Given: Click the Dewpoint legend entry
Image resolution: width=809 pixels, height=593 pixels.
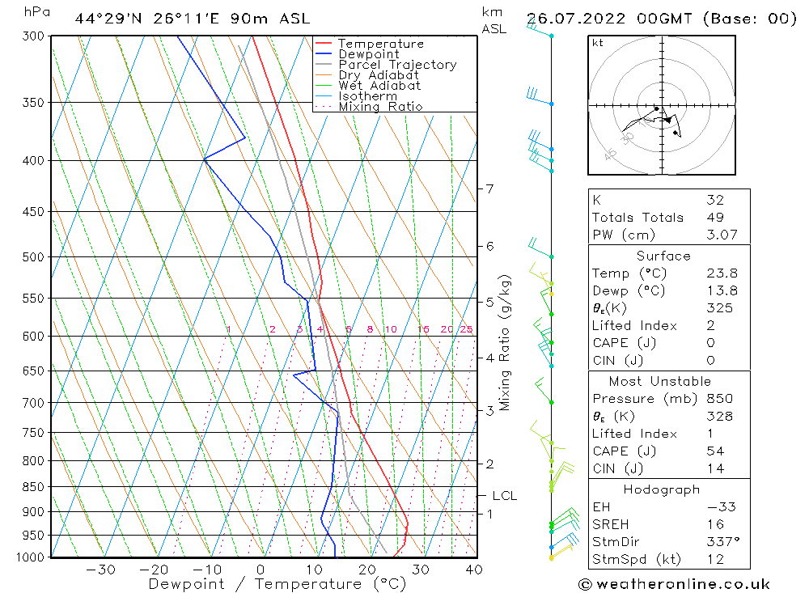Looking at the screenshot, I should tap(369, 54).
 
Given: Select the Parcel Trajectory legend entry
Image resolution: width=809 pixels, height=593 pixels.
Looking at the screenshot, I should tap(397, 65).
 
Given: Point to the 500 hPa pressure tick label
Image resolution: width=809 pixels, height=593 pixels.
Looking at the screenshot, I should tap(36, 257).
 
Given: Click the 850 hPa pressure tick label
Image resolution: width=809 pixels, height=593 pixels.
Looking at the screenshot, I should tap(36, 487).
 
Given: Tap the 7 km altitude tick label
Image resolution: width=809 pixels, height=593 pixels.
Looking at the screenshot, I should tap(489, 189).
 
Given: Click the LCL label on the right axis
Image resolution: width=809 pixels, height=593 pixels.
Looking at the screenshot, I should tap(504, 496).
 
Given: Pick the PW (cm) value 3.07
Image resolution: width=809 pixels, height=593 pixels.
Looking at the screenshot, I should tap(718, 235).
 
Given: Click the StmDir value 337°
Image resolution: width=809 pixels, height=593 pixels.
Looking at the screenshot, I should tap(719, 541).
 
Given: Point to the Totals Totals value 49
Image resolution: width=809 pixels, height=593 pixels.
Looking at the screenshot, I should tap(714, 217).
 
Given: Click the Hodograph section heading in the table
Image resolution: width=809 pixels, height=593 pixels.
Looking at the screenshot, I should tap(663, 489).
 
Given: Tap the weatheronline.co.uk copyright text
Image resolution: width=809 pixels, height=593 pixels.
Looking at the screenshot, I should tap(674, 584).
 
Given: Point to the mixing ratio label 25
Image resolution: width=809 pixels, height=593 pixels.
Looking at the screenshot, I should tap(466, 329).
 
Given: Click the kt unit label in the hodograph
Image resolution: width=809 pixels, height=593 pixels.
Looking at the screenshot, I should tap(598, 43).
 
